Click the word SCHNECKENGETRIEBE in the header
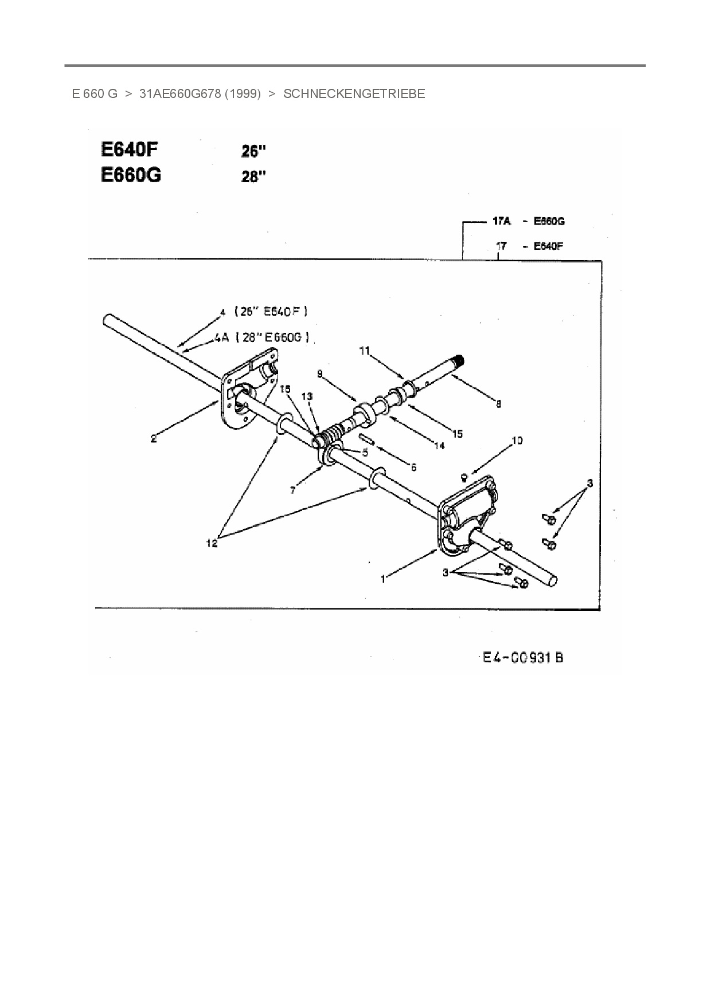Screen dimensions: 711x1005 [x=354, y=94]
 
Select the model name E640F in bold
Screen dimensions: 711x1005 [x=129, y=150]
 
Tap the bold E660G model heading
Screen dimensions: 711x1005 [x=131, y=175]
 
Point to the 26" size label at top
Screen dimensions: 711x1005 [x=253, y=151]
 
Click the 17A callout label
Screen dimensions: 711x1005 [x=502, y=221]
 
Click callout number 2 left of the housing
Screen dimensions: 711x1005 [x=154, y=439]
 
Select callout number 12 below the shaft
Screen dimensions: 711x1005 [x=212, y=543]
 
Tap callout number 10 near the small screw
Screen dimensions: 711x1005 [x=517, y=441]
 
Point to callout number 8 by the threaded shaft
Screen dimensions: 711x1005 [x=498, y=404]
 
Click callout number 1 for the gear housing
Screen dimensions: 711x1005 [x=383, y=579]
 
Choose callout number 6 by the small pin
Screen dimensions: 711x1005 [x=413, y=468]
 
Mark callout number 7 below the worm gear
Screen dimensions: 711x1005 [x=293, y=490]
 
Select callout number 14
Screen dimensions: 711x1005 [x=439, y=445]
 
